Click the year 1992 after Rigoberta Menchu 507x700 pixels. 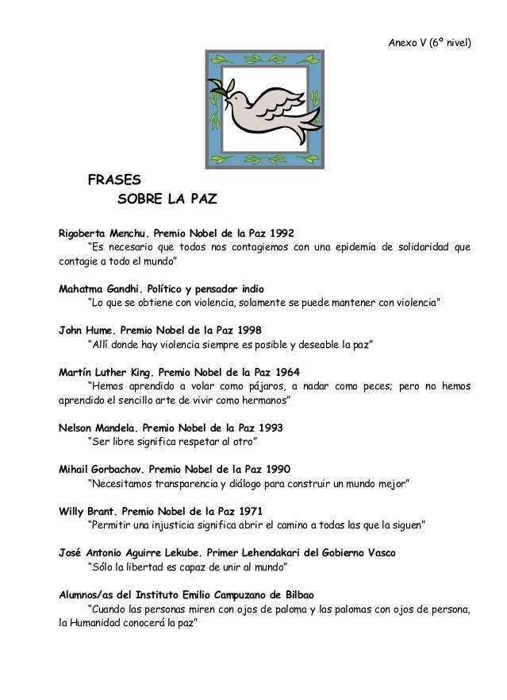point(282,234)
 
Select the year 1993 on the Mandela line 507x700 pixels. point(268,427)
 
